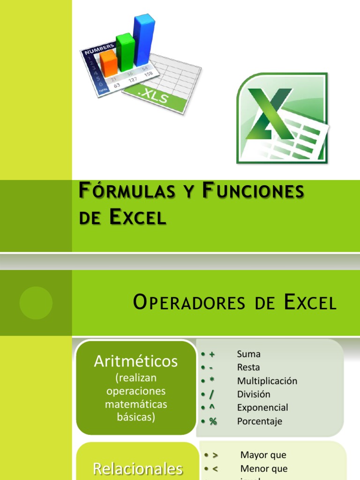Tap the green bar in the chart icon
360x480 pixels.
[125, 52]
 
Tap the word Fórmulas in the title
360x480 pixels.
[117, 191]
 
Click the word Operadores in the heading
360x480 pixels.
[189, 303]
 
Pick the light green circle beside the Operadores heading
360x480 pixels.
[36, 303]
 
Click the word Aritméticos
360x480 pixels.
[136, 361]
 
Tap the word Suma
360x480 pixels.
[248, 354]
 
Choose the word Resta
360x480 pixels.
[248, 367]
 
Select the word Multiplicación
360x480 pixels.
[267, 381]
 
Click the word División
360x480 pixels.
[254, 394]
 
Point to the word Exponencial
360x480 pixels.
[262, 407]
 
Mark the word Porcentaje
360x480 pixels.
[260, 421]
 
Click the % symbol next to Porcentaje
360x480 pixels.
[213, 421]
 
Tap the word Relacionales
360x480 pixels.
[137, 469]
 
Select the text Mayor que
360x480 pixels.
[263, 455]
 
